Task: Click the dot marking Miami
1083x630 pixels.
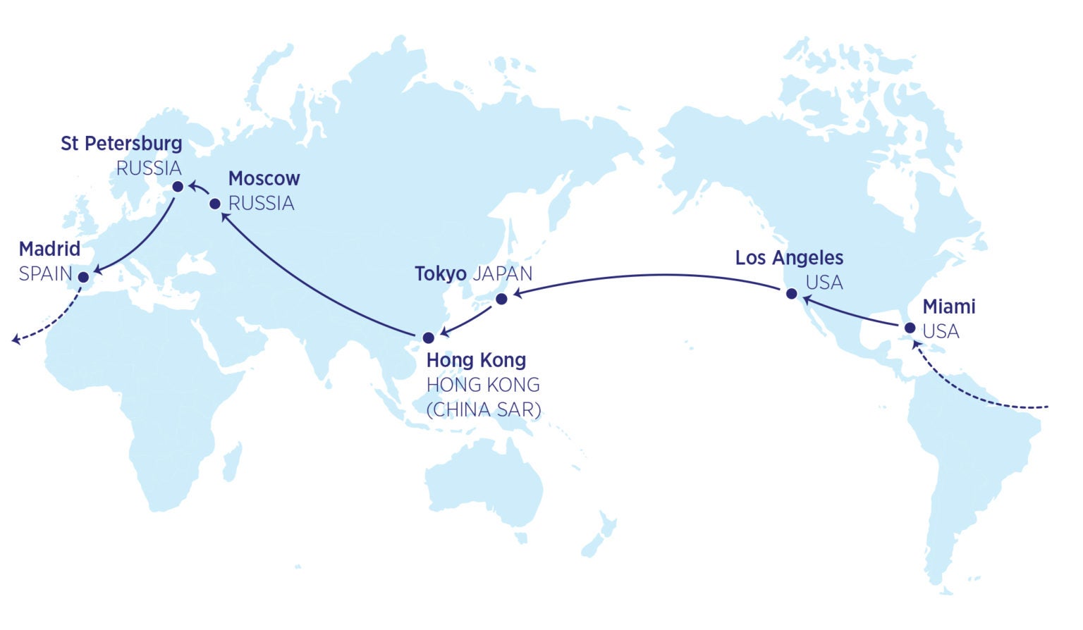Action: [910, 328]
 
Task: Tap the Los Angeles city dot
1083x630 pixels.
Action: [791, 293]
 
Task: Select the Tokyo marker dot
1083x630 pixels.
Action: [501, 299]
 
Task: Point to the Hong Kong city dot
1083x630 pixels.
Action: [428, 338]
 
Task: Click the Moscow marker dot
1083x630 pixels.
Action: [215, 204]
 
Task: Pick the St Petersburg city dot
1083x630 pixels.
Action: [178, 186]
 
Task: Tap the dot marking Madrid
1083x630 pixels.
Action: [83, 277]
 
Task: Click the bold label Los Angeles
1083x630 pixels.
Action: [789, 258]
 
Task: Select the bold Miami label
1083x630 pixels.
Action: [949, 307]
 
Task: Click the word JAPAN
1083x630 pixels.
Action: [502, 273]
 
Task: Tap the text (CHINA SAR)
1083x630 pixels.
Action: [484, 409]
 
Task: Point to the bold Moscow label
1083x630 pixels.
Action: [264, 178]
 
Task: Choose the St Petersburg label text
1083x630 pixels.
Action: [121, 143]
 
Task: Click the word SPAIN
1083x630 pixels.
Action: [45, 273]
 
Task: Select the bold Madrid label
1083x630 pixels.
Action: [49, 249]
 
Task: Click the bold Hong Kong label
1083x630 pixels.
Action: [476, 360]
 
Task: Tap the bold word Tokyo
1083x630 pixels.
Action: [440, 273]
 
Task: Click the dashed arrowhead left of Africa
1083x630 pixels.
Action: [16, 341]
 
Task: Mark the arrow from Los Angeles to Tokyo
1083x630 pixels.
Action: [656, 275]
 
